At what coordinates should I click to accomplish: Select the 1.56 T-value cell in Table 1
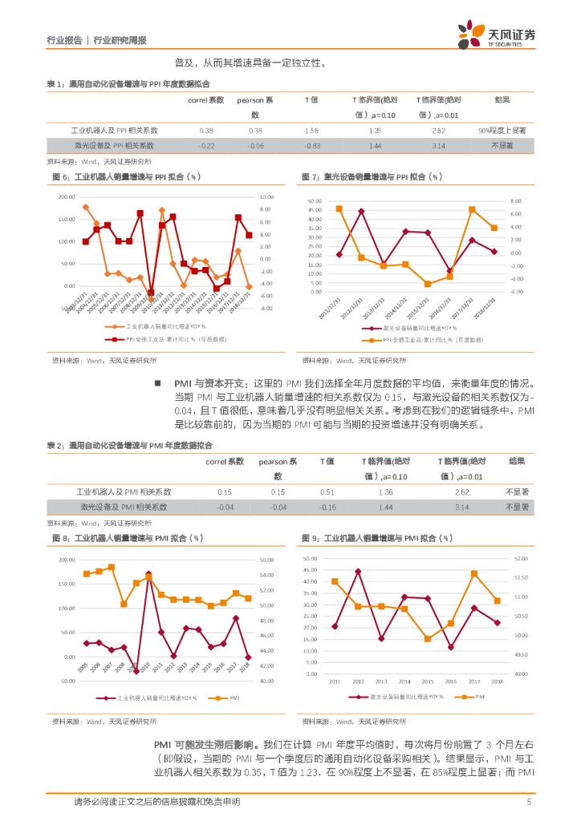pyautogui.click(x=312, y=130)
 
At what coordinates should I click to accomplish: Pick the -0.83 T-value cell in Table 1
pyautogui.click(x=312, y=146)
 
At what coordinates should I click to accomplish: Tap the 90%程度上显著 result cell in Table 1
pyautogui.click(x=502, y=130)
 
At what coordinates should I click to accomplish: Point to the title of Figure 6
pyautogui.click(x=126, y=176)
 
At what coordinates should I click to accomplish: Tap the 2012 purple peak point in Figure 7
pyautogui.click(x=361, y=211)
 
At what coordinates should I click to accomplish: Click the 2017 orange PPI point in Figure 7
pyautogui.click(x=472, y=209)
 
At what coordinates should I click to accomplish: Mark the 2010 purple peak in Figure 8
pyautogui.click(x=148, y=574)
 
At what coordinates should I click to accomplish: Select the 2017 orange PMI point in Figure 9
pyautogui.click(x=474, y=573)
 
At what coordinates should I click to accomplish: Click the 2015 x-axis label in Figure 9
pyautogui.click(x=427, y=681)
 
